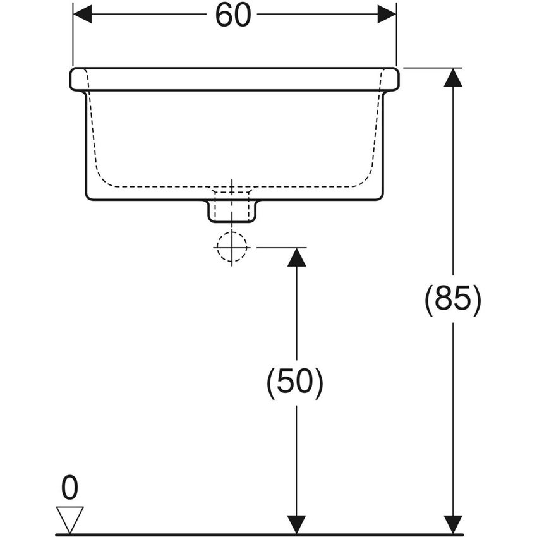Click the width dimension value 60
(232, 15)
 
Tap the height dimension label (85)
(452, 299)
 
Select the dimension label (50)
(295, 382)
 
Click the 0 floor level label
(69, 488)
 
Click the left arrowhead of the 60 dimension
(83, 14)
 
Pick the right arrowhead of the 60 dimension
(387, 14)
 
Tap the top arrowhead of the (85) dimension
(452, 77)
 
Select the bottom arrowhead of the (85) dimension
(452, 524)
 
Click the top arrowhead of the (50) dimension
(296, 257)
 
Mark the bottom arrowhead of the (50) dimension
(296, 524)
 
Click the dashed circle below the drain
(232, 247)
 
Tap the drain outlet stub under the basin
(232, 211)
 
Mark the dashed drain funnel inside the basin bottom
(232, 191)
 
